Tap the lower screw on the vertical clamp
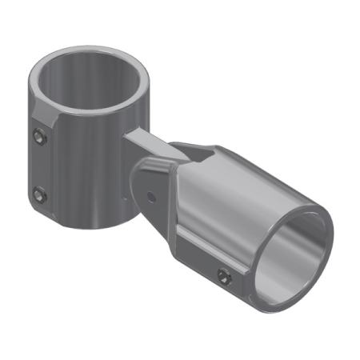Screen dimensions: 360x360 click(39, 194)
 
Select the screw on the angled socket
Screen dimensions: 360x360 click(225, 277)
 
